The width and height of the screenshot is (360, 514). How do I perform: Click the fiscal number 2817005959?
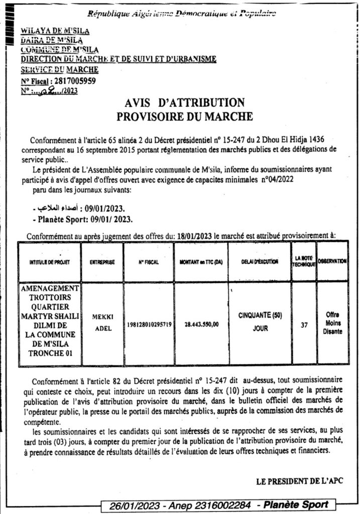click(74, 81)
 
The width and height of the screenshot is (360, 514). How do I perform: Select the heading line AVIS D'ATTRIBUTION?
click(184, 103)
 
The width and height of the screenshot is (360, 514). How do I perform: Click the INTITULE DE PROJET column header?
click(49, 262)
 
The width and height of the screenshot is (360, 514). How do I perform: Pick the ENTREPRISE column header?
click(102, 262)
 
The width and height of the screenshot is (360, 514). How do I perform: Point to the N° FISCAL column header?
click(148, 262)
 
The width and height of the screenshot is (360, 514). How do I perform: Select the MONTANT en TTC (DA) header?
click(200, 262)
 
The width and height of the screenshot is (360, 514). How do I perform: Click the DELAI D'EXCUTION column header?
click(259, 262)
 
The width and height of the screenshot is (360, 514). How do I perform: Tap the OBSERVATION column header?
click(332, 262)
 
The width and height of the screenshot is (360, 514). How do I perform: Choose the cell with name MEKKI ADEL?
click(102, 324)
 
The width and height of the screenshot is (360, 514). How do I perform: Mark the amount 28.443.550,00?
click(200, 324)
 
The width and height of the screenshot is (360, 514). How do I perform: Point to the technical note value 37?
click(303, 324)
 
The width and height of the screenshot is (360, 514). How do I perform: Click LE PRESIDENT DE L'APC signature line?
click(300, 481)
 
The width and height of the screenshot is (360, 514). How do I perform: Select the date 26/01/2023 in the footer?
click(133, 505)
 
